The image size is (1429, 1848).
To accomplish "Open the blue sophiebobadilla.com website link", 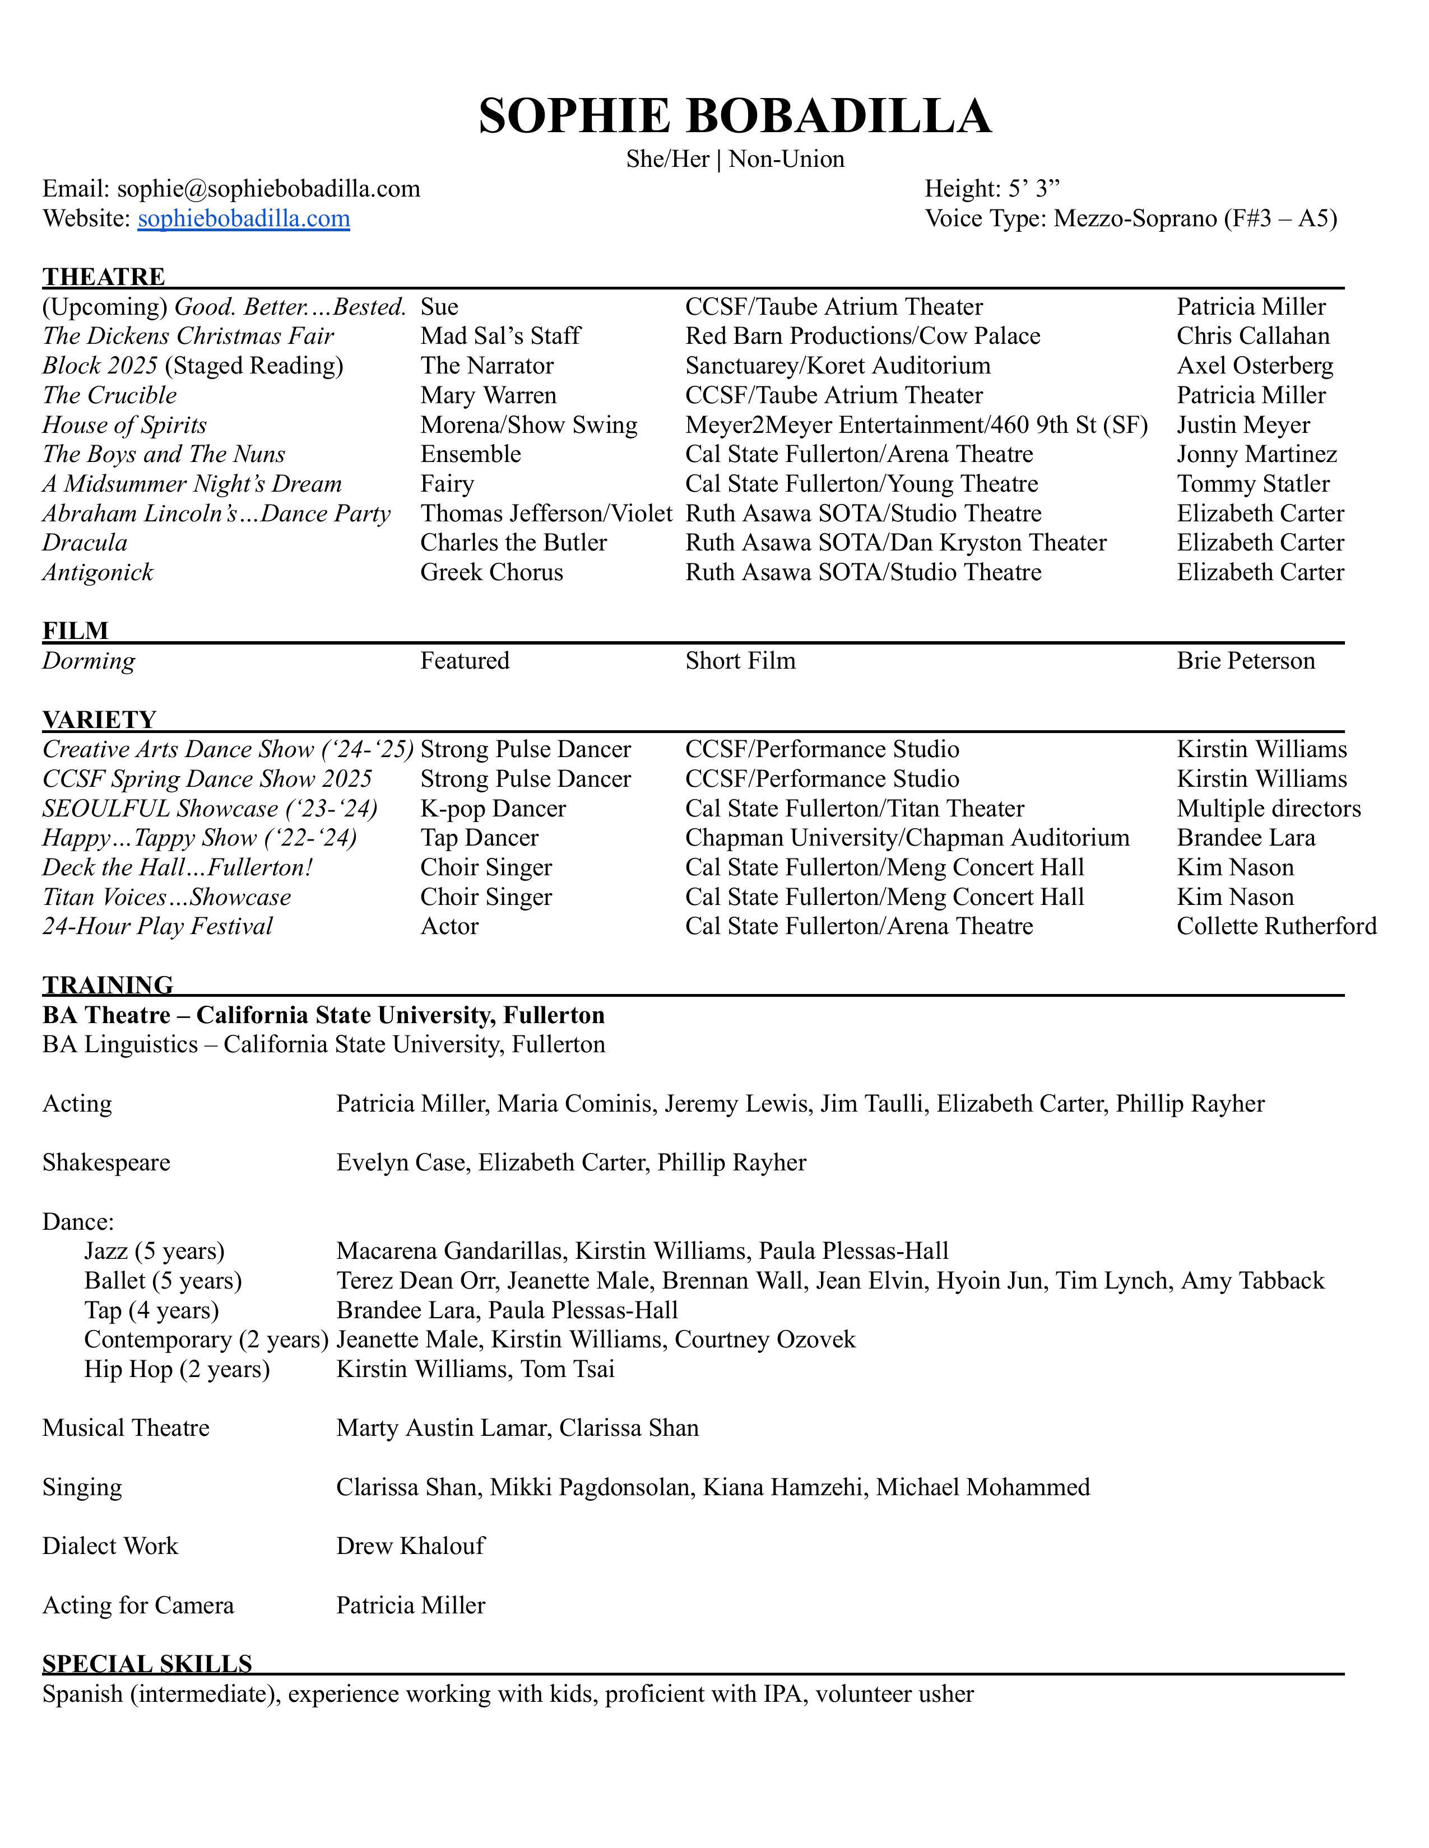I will tap(244, 218).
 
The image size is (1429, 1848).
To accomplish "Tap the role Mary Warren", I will tap(489, 395).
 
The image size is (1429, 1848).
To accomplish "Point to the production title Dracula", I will tap(85, 543).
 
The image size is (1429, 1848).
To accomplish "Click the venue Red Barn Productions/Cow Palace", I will tap(862, 336).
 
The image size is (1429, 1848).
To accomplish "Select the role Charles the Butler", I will tap(513, 543).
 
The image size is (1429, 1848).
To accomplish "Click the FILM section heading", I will tap(75, 631).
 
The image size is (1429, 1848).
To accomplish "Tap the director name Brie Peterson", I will tap(1245, 661).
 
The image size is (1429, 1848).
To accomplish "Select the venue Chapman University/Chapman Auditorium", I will tap(907, 838).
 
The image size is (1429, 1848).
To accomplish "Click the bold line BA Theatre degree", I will tap(323, 1015).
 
